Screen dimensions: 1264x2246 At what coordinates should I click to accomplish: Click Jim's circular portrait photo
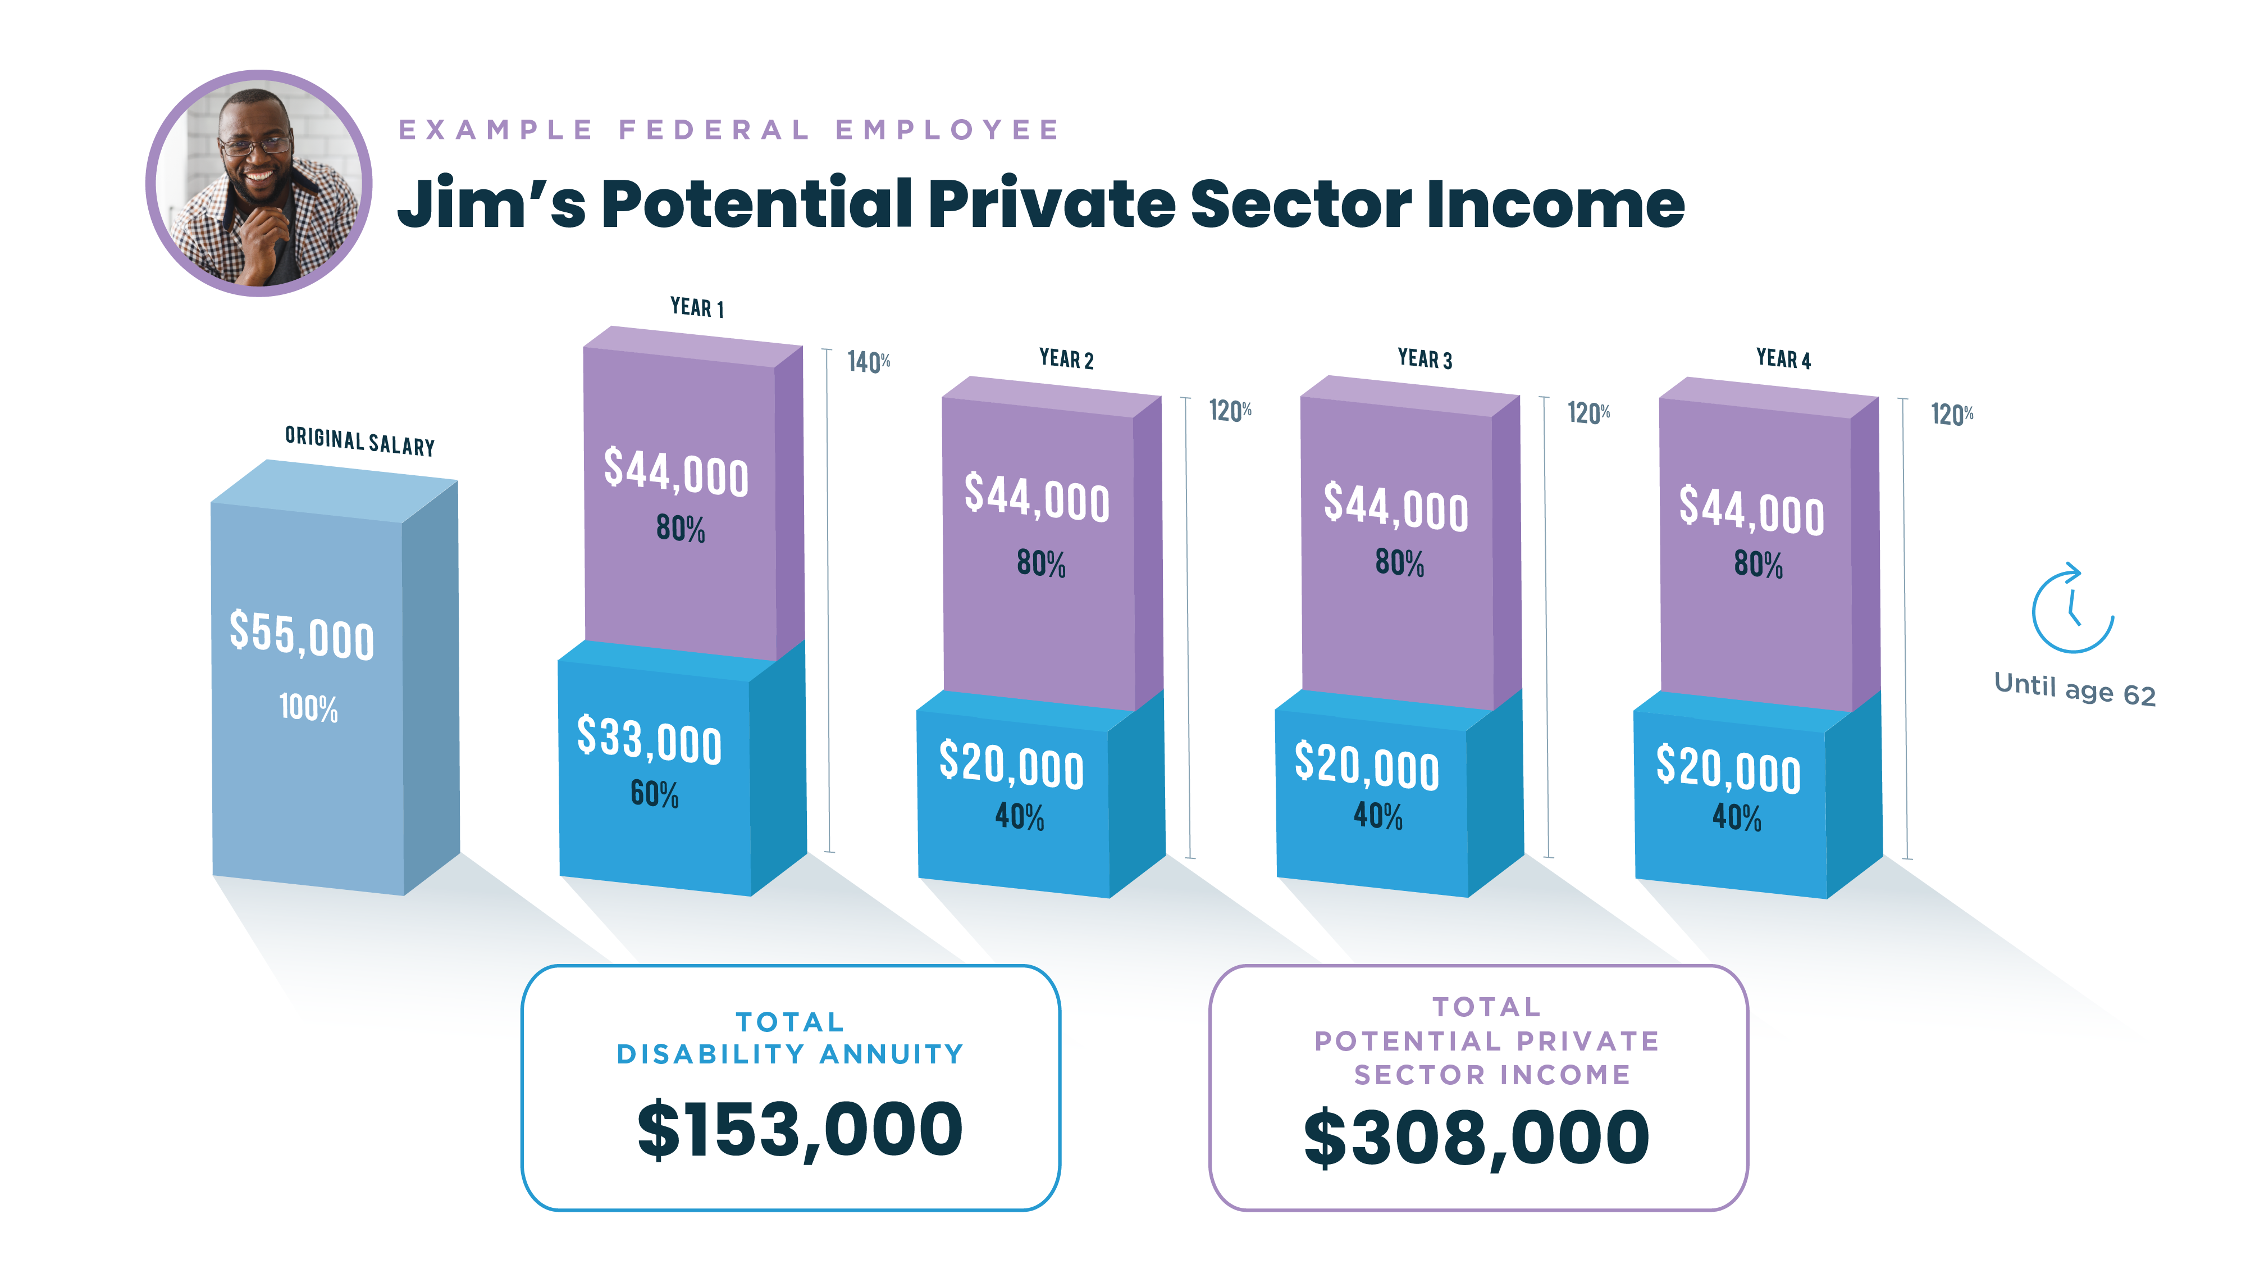pyautogui.click(x=259, y=184)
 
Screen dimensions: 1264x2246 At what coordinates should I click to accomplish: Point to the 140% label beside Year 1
pyautogui.click(x=869, y=361)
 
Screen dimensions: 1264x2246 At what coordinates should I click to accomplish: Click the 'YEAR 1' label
pyautogui.click(x=697, y=308)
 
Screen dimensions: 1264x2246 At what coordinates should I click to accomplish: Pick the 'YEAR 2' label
pyautogui.click(x=1066, y=358)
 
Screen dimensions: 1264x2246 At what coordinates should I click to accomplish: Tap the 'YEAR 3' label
pyautogui.click(x=1425, y=358)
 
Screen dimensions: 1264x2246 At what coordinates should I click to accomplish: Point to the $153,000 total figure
pyautogui.click(x=800, y=1130)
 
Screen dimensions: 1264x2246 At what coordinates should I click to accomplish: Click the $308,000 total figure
pyautogui.click(x=1476, y=1138)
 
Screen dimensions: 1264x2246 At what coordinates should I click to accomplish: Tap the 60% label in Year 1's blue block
pyautogui.click(x=654, y=794)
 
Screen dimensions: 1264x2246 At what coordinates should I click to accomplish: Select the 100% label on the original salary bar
pyautogui.click(x=308, y=707)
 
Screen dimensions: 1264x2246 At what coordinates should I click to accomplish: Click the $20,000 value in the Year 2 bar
pyautogui.click(x=1011, y=765)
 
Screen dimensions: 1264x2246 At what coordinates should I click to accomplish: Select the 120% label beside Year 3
pyautogui.click(x=1588, y=412)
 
